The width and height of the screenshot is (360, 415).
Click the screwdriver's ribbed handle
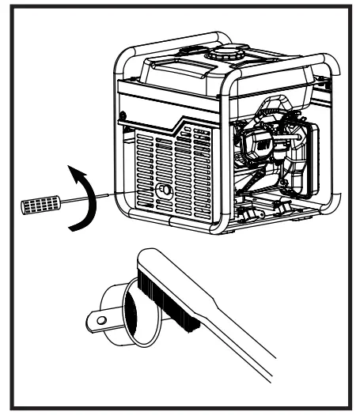click(x=36, y=205)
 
